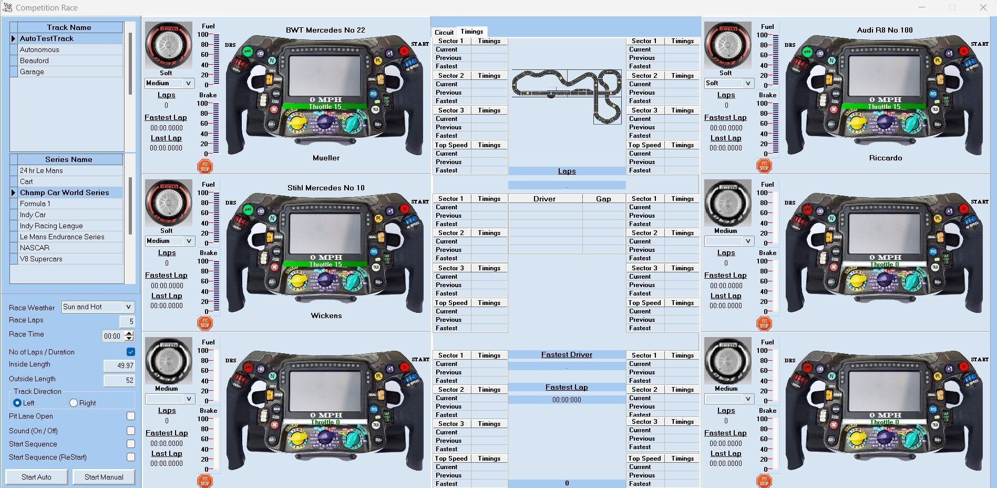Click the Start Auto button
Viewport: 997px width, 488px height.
pyautogui.click(x=36, y=477)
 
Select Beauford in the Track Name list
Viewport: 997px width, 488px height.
pyautogui.click(x=34, y=60)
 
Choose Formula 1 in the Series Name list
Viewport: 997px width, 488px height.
pyautogui.click(x=35, y=204)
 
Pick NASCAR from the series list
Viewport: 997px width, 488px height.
pyautogui.click(x=35, y=248)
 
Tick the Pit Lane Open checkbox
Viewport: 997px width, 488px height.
pyautogui.click(x=131, y=416)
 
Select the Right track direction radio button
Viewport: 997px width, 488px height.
pyautogui.click(x=74, y=403)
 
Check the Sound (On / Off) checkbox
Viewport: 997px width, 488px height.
pyautogui.click(x=131, y=431)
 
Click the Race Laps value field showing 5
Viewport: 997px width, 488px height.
pyautogui.click(x=127, y=321)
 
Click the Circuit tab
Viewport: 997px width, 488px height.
pyautogui.click(x=444, y=32)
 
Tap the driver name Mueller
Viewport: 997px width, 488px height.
pyautogui.click(x=326, y=158)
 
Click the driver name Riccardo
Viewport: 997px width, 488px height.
pyautogui.click(x=886, y=158)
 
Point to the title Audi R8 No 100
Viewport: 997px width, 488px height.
pyautogui.click(x=885, y=30)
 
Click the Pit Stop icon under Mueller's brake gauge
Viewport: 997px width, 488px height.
pyautogui.click(x=205, y=166)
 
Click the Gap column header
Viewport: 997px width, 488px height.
pyautogui.click(x=603, y=199)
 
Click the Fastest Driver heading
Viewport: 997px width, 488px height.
pyautogui.click(x=567, y=355)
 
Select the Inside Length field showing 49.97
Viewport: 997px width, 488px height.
pyautogui.click(x=119, y=365)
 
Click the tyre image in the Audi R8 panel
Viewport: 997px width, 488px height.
pyautogui.click(x=727, y=45)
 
